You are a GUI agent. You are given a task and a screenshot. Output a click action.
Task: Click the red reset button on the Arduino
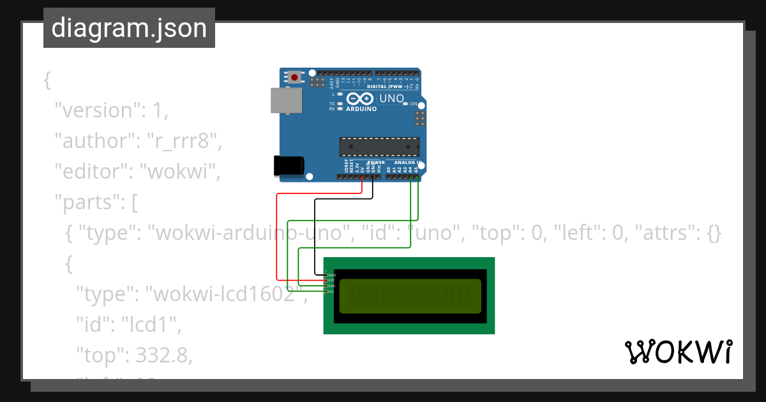(x=294, y=78)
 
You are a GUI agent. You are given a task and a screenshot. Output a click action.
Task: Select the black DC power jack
(x=287, y=165)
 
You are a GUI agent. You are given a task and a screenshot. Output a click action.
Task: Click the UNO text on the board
(x=391, y=99)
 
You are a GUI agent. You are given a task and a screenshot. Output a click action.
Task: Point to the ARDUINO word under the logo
(x=361, y=109)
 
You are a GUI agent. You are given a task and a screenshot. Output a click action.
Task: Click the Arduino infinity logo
(x=361, y=98)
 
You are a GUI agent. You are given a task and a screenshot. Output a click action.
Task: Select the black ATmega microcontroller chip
(x=379, y=147)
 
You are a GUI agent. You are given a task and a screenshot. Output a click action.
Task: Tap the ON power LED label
(x=414, y=104)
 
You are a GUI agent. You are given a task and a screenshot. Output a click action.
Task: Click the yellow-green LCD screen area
(x=410, y=296)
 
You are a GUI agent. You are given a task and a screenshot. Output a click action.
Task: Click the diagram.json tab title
(x=129, y=28)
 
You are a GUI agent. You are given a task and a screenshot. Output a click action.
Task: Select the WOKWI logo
(x=678, y=352)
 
